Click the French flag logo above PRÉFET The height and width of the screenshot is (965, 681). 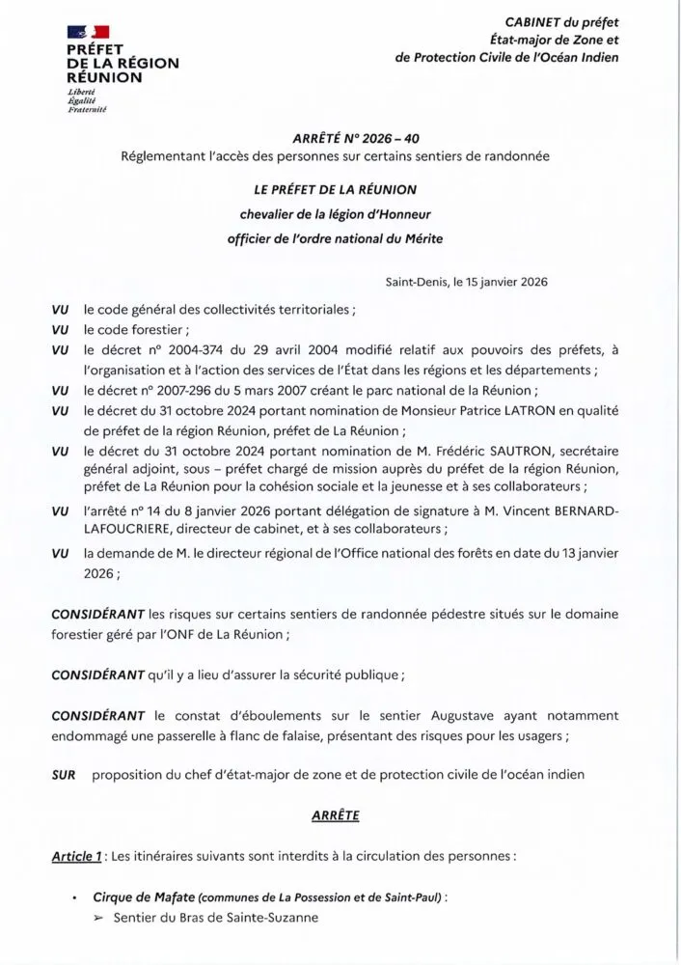click(88, 33)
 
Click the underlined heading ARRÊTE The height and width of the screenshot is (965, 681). click(336, 815)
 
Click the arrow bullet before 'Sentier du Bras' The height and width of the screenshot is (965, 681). click(98, 918)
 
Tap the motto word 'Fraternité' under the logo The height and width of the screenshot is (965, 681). click(85, 111)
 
